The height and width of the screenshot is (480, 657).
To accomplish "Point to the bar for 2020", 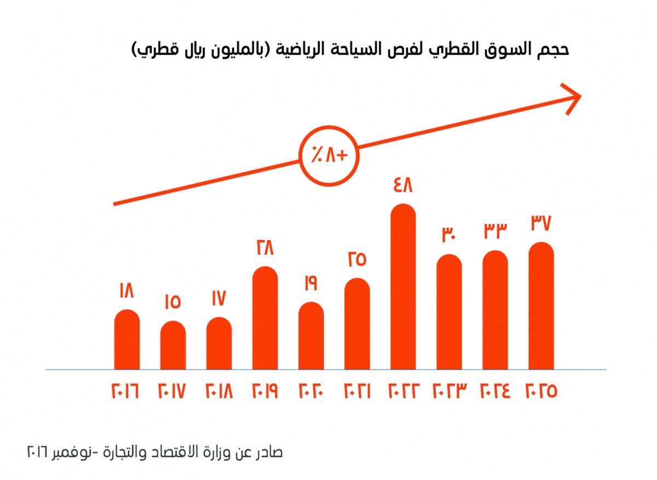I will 311,336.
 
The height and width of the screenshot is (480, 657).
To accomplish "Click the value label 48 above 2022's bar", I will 402,186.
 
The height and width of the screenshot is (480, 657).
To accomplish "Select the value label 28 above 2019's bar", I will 264,248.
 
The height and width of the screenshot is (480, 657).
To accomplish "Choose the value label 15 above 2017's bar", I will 172,302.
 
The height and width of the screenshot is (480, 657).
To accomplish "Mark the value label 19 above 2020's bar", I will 310,284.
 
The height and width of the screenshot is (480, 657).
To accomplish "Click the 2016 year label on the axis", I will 126,391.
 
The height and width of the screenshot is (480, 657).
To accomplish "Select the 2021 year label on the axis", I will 356,391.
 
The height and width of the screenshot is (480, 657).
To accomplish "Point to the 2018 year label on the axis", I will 218,391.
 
